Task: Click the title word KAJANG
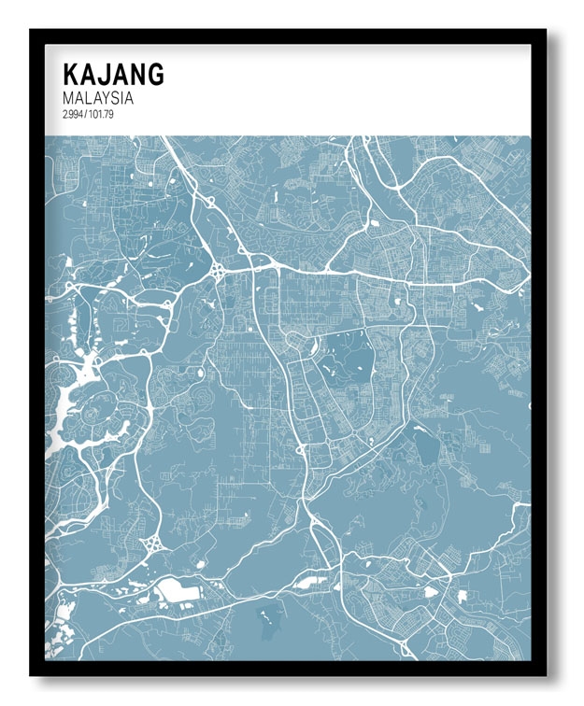(x=113, y=74)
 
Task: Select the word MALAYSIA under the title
(x=98, y=97)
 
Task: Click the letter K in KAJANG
(x=70, y=74)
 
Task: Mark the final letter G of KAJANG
(x=154, y=74)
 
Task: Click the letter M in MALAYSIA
(x=67, y=97)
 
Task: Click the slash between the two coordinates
(x=84, y=114)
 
